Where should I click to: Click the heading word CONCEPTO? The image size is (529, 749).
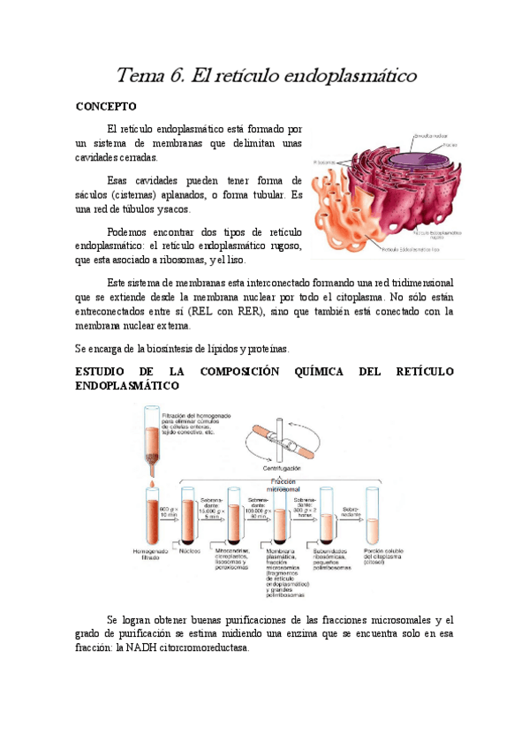click(104, 106)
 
